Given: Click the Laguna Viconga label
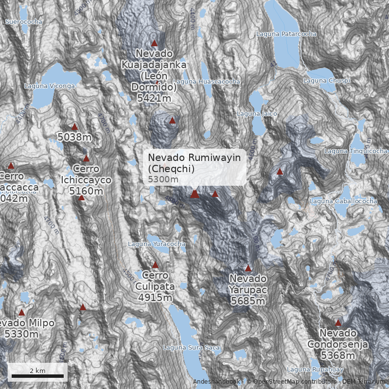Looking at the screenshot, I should click(49, 86).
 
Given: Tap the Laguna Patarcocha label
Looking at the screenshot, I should click(286, 34).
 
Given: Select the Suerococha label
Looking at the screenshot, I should click(24, 22).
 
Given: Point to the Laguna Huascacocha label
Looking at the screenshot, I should click(206, 82).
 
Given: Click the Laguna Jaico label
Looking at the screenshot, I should click(257, 114).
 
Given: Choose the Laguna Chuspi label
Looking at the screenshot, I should click(326, 81).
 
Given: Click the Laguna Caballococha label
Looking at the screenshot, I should click(343, 201).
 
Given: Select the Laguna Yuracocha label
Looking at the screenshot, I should click(157, 244).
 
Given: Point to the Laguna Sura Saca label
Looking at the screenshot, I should click(191, 348).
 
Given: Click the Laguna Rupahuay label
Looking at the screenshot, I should click(312, 370).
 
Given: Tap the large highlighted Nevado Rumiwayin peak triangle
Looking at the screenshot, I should click(194, 194).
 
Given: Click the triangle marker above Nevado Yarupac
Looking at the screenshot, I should click(248, 268).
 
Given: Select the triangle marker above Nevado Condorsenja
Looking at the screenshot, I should click(338, 322).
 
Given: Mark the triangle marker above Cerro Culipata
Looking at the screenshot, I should click(156, 265).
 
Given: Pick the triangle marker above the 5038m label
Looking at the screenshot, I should click(74, 126).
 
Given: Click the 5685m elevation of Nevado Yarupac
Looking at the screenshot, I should click(248, 301).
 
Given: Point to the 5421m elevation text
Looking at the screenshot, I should click(154, 99).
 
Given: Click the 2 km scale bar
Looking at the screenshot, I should click(37, 376).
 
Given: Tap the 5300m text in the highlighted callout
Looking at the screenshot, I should click(163, 179).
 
